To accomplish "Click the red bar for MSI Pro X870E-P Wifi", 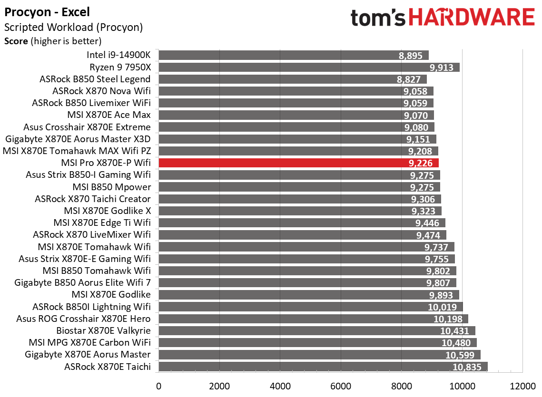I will (298, 163).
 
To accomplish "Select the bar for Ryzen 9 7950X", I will (308, 67).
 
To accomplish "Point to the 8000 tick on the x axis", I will (401, 385).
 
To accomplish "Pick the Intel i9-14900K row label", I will (118, 55).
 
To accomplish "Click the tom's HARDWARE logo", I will (443, 18).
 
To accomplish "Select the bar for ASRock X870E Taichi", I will (323, 367).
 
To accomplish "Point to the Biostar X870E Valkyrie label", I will (104, 330).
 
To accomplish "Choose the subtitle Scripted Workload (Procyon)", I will (73, 28).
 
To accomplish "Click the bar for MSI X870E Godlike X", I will (300, 211).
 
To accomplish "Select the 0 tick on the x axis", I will (158, 385).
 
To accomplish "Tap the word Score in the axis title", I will (16, 41).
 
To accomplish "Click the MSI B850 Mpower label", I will (111, 187).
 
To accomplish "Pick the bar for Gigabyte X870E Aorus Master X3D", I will (297, 139).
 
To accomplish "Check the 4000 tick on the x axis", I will (280, 385).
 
